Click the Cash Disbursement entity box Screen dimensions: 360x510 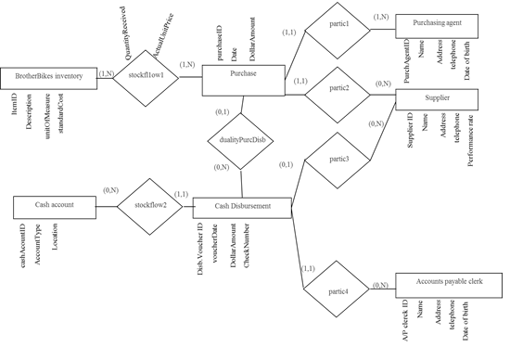tap(242, 207)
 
